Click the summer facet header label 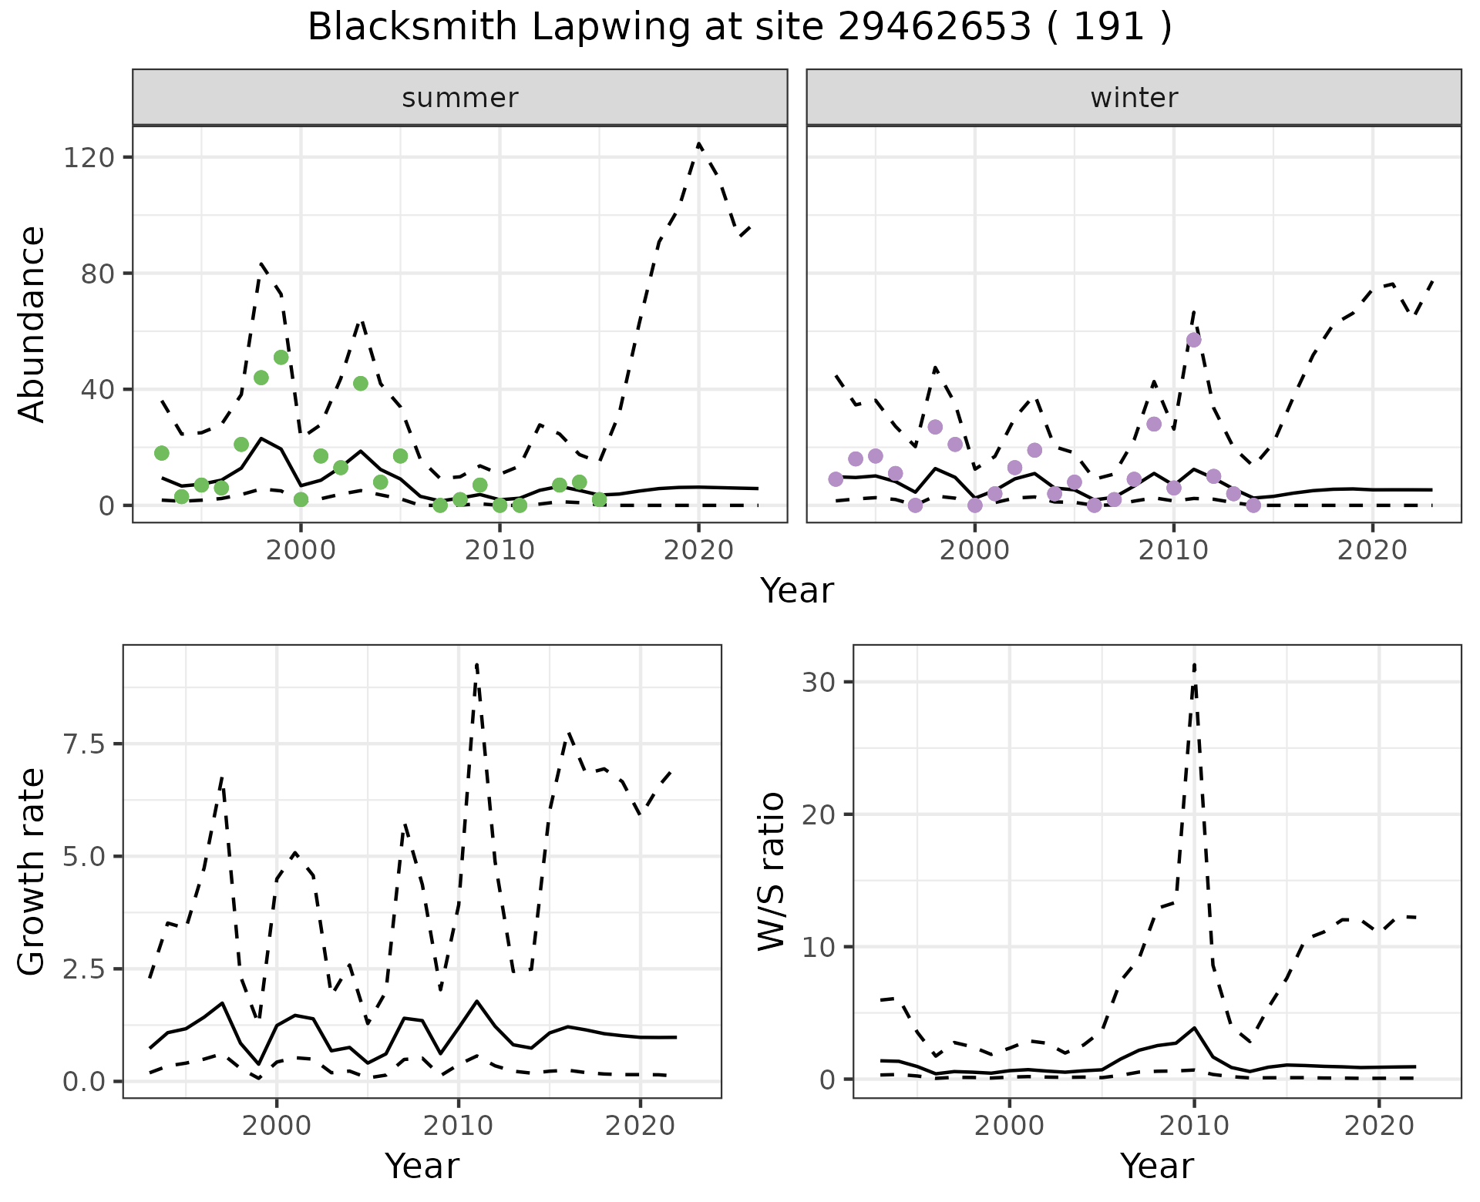tap(460, 98)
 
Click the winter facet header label tap(1134, 98)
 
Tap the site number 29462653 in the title tap(933, 28)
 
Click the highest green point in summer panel tap(281, 358)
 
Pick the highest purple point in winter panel tap(1194, 341)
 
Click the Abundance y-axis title tap(32, 324)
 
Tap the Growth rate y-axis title tap(32, 872)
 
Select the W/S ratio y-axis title tap(771, 871)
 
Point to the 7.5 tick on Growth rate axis tap(82, 744)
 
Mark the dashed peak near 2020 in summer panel tap(698, 143)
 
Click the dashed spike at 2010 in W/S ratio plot tap(1194, 664)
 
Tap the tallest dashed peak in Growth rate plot tap(477, 664)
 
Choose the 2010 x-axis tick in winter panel tap(1173, 550)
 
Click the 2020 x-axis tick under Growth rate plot tap(640, 1126)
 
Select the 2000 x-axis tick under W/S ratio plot tap(1009, 1126)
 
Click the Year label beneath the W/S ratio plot tap(1157, 1167)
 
